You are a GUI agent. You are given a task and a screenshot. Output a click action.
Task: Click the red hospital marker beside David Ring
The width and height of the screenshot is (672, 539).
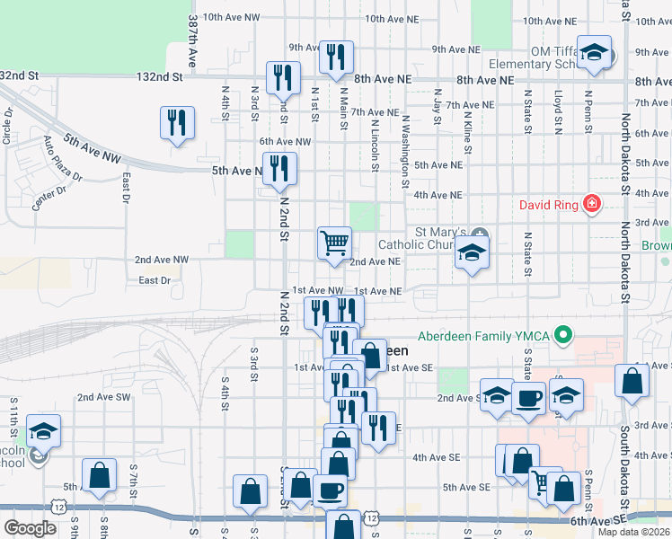(591, 205)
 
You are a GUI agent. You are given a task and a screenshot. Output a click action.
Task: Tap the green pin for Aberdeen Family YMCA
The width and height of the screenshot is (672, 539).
(563, 337)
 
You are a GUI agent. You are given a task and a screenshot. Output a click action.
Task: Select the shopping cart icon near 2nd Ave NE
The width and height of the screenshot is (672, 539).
(334, 243)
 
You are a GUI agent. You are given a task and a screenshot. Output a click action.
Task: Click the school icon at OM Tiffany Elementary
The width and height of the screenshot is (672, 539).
(595, 52)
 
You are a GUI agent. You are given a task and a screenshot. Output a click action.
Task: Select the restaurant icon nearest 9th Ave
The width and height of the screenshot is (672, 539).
(336, 58)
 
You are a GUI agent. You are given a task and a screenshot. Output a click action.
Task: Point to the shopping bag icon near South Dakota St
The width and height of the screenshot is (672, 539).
(632, 380)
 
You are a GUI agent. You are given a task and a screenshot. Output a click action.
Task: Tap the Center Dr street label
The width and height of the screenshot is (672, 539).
(50, 196)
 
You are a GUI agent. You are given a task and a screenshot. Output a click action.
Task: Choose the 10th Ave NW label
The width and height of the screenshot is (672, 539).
(232, 17)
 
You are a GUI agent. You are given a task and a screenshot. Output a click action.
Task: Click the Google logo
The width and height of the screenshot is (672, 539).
(30, 527)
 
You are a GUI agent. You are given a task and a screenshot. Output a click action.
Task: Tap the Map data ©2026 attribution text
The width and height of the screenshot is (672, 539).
(634, 533)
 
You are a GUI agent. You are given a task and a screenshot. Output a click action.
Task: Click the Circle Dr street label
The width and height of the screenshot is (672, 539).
(8, 126)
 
